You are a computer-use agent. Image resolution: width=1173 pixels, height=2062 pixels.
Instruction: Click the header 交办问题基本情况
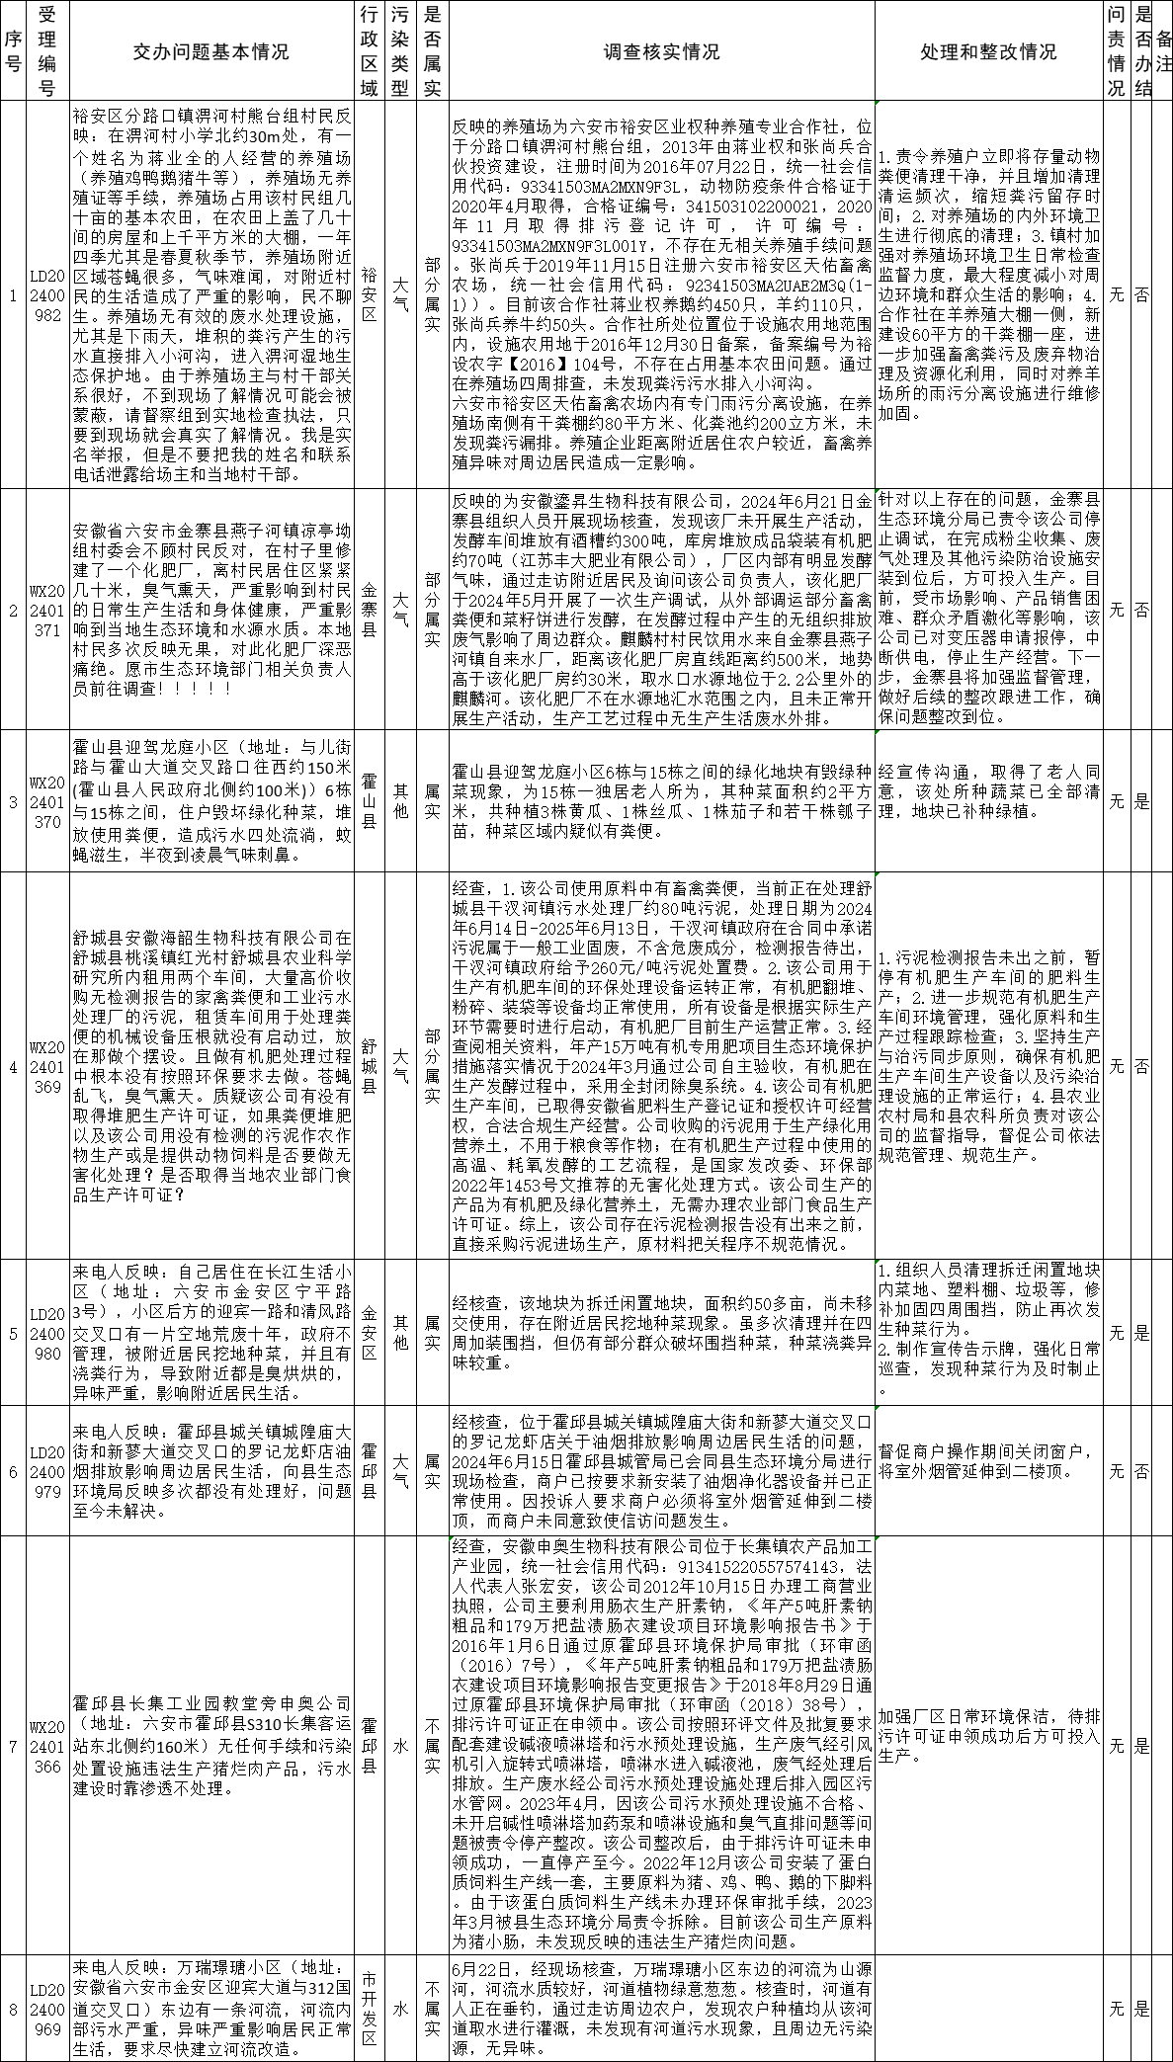[x=210, y=51]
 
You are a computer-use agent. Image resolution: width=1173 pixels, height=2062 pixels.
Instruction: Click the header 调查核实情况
[x=661, y=51]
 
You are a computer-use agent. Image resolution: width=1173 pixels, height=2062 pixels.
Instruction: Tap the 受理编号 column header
[x=47, y=51]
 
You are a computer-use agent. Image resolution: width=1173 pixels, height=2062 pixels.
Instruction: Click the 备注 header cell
[x=1163, y=51]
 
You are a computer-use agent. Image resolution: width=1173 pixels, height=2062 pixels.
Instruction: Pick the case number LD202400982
[x=47, y=293]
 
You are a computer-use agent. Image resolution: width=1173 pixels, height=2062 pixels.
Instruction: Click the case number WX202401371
[x=47, y=610]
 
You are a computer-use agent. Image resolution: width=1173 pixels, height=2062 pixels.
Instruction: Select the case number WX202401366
[x=47, y=1746]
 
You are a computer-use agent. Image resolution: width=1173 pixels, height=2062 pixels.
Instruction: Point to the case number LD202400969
[x=47, y=2007]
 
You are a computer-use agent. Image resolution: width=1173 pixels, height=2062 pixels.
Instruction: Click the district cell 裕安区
[x=369, y=293]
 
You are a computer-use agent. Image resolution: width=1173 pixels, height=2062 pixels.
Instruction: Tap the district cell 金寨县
[x=369, y=610]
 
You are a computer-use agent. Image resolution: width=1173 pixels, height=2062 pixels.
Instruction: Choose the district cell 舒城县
[x=369, y=1066]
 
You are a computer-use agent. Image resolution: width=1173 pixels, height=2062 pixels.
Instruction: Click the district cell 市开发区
[x=369, y=2007]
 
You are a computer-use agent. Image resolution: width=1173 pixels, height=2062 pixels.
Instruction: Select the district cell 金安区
[x=369, y=1333]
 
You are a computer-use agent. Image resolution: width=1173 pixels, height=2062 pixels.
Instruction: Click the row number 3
[x=13, y=801]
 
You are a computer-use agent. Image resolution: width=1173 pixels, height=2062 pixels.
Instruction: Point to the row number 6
[x=13, y=1471]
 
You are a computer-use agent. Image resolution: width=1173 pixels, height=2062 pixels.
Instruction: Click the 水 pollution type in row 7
[x=401, y=1746]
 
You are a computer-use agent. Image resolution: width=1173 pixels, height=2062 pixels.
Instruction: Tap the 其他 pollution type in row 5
[x=401, y=1333]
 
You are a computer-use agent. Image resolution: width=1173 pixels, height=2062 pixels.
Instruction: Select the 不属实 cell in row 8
[x=432, y=2007]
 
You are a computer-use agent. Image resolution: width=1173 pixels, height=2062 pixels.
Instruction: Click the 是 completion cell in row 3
[x=1141, y=801]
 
